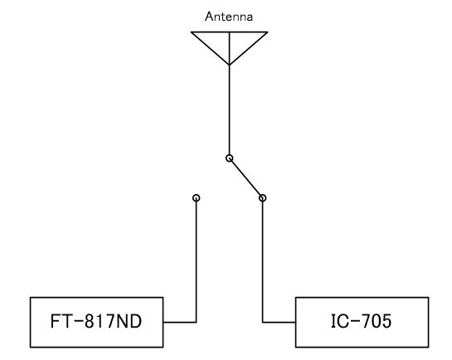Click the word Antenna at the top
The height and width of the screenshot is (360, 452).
click(229, 17)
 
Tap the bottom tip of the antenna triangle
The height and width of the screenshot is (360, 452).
click(229, 66)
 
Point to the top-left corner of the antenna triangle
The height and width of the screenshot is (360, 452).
click(192, 32)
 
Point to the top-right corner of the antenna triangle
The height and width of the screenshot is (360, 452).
click(268, 32)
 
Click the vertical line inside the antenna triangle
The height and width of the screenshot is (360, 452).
click(229, 48)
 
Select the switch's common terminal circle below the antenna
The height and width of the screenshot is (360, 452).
click(229, 158)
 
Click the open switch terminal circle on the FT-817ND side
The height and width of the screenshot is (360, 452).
click(196, 198)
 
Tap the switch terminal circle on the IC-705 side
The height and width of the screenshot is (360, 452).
click(262, 198)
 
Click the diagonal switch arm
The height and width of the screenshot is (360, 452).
click(245, 178)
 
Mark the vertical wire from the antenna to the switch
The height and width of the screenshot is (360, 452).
click(229, 110)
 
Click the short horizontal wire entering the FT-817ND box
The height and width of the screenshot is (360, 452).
click(180, 322)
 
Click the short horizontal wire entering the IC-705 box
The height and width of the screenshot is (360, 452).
click(279, 322)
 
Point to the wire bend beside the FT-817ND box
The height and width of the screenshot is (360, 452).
click(196, 322)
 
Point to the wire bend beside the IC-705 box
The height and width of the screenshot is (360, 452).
click(263, 322)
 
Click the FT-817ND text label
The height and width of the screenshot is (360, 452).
click(96, 321)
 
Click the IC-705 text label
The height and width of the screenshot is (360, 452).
click(362, 321)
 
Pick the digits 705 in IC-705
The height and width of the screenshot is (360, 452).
click(377, 321)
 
